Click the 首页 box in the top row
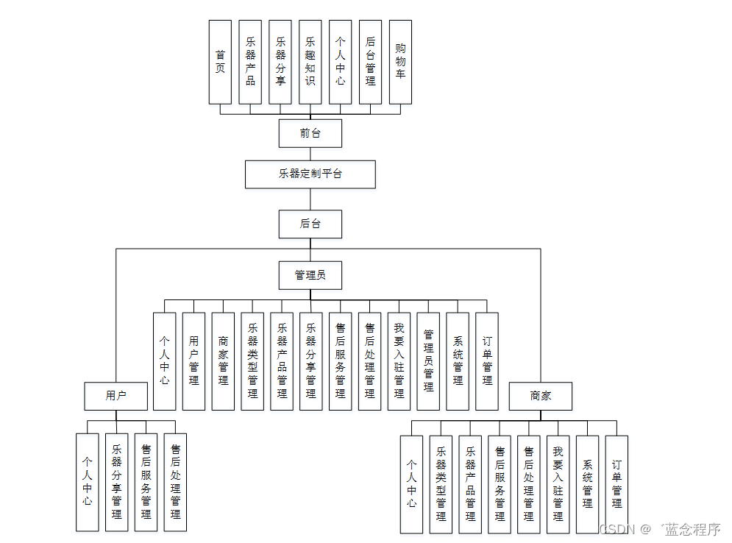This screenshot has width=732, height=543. click(220, 62)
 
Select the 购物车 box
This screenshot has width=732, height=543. click(400, 62)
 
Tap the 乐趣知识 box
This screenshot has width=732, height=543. click(310, 62)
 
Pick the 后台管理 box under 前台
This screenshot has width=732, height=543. click(370, 62)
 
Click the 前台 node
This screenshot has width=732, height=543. click(310, 133)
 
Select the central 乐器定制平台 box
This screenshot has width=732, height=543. click(310, 174)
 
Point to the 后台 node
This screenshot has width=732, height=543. click(310, 224)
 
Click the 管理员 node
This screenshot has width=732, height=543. click(310, 275)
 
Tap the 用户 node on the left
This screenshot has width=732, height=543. click(116, 396)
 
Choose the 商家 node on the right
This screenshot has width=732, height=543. click(541, 396)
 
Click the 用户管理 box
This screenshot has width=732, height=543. click(193, 361)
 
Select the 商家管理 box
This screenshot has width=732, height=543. click(223, 361)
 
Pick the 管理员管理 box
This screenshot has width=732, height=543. click(428, 361)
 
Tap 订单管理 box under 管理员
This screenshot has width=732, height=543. click(487, 361)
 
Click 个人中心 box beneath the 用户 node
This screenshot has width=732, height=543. click(87, 482)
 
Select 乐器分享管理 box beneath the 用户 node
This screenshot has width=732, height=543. click(116, 482)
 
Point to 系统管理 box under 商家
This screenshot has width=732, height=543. click(587, 483)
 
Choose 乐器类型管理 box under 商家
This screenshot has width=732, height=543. click(441, 483)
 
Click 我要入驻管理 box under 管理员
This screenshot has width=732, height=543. click(399, 361)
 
